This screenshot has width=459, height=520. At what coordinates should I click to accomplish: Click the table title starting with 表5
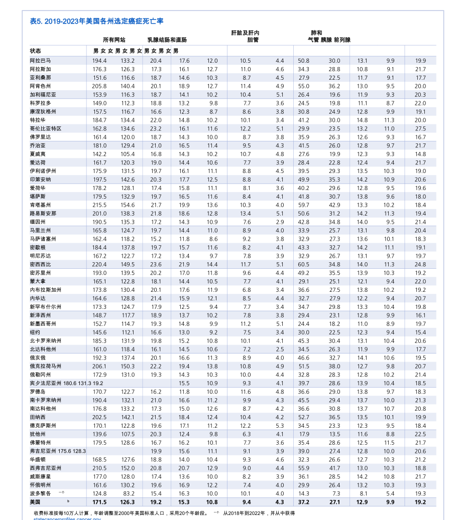(96, 21)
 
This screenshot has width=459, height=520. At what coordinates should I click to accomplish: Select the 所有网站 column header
(114, 40)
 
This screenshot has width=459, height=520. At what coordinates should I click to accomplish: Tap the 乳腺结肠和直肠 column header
(167, 40)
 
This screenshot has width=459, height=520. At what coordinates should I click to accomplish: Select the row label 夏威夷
(38, 154)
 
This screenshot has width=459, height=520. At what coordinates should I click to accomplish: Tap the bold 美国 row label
(35, 501)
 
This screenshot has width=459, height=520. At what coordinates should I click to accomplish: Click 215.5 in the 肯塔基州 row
(99, 205)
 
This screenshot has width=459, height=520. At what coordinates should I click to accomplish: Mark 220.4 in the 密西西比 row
(99, 264)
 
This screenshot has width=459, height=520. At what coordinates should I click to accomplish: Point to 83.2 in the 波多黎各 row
(129, 493)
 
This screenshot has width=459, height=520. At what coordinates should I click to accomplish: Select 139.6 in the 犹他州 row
(99, 434)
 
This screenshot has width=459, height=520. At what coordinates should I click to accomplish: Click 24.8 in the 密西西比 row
(420, 264)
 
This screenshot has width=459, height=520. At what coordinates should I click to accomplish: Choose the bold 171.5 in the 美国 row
(99, 501)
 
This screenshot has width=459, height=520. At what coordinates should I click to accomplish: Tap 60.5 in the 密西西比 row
(303, 264)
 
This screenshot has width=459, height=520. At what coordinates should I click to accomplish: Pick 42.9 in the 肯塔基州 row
(334, 205)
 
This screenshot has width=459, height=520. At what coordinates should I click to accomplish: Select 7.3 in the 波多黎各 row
(336, 493)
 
